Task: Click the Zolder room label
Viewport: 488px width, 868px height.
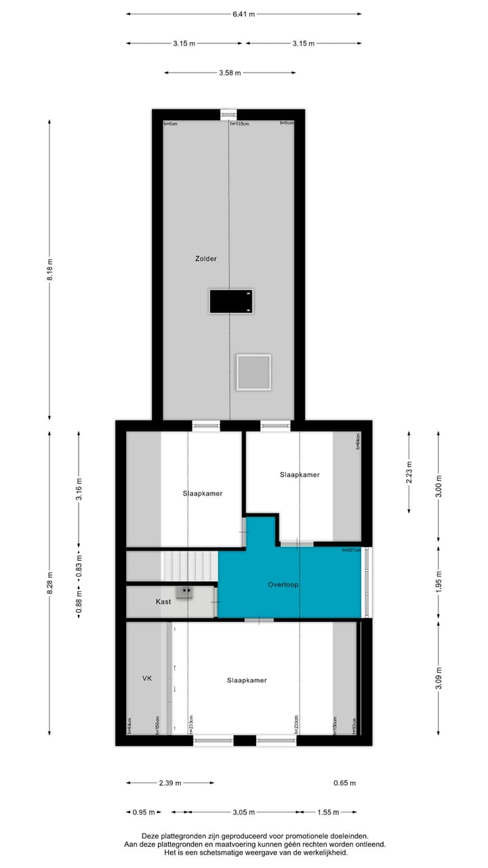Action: [x=205, y=258]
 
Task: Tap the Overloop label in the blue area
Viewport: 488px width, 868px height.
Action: [x=283, y=585]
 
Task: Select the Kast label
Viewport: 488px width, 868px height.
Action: [x=163, y=601]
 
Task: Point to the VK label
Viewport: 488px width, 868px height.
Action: [x=146, y=678]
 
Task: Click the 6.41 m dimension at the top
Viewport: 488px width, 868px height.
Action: [x=243, y=14]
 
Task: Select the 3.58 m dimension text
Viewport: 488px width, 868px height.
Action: [x=230, y=73]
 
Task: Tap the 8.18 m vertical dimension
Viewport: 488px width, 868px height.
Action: [x=49, y=271]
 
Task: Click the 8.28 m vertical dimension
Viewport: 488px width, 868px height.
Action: [x=49, y=587]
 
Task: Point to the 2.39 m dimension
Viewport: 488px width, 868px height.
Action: [x=169, y=783]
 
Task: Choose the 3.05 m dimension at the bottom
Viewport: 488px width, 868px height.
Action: [x=243, y=812]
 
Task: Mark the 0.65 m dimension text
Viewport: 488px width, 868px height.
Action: [x=344, y=783]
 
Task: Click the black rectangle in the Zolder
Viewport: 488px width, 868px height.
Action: [x=231, y=301]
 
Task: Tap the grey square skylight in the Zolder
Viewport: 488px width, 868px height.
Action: [x=253, y=372]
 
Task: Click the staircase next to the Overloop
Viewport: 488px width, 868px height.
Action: [x=190, y=566]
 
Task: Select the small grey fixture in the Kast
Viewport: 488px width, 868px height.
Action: [x=184, y=591]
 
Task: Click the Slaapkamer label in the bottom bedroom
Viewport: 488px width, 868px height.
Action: [x=247, y=680]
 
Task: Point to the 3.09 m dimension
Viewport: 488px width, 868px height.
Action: [x=439, y=678]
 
